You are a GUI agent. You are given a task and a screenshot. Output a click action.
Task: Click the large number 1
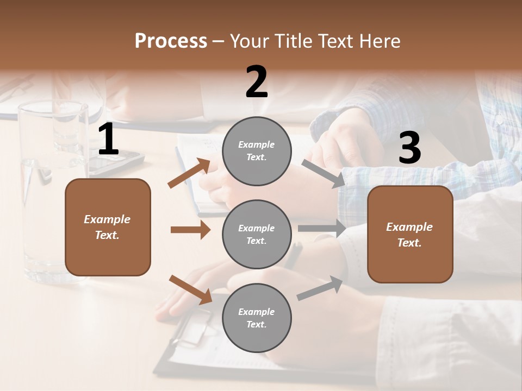point(108,140)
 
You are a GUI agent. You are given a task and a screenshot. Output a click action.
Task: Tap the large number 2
point(257,82)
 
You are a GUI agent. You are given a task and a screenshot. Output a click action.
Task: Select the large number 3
point(409,148)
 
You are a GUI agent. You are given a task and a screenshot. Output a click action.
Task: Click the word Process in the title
point(171,41)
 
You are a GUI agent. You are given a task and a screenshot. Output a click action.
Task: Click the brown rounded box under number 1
point(108,227)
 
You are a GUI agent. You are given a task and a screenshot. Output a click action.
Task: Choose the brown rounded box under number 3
point(410,234)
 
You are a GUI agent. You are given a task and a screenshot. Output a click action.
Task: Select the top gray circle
point(257,151)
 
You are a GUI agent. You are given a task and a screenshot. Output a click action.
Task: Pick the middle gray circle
point(257,234)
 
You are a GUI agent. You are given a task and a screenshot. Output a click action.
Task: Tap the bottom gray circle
point(257,318)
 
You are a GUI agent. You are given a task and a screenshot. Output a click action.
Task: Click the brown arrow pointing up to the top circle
point(189,173)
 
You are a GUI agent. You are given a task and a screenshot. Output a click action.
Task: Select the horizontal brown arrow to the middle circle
point(190,230)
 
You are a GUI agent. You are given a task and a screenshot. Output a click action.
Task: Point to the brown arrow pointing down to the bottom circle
point(191,289)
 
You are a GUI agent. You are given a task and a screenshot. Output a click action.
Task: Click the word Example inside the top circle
point(256,144)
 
